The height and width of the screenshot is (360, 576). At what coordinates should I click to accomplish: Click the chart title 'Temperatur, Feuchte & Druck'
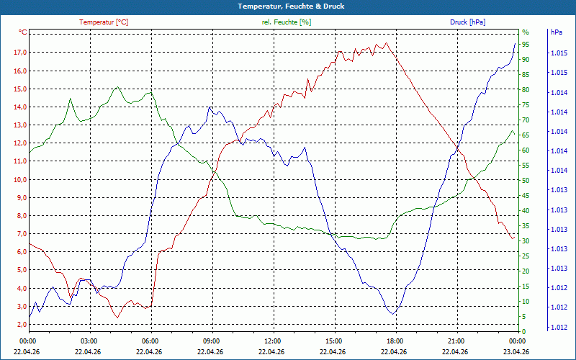(x=288, y=6)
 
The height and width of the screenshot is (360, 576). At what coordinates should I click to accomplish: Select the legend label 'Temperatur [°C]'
(x=104, y=22)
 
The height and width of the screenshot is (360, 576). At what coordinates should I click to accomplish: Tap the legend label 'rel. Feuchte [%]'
(x=287, y=22)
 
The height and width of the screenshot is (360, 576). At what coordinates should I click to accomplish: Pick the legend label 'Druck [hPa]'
(x=468, y=22)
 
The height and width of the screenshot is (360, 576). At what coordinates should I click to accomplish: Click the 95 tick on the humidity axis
(x=526, y=44)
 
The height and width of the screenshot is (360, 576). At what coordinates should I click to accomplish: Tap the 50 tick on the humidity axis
(x=526, y=180)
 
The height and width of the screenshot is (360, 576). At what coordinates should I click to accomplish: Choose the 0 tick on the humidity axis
(x=524, y=331)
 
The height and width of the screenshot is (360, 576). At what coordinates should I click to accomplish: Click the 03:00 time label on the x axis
(x=89, y=341)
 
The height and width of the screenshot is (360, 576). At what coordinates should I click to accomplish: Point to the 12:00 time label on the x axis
(x=272, y=341)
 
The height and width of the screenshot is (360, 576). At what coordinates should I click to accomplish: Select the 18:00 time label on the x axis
(x=395, y=341)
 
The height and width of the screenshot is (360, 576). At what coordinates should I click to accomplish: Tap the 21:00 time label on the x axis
(x=456, y=341)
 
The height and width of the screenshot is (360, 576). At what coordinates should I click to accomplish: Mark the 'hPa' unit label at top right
(x=556, y=32)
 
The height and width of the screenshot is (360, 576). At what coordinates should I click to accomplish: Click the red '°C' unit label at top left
(x=22, y=32)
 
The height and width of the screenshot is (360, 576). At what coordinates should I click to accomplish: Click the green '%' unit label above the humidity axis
(x=526, y=32)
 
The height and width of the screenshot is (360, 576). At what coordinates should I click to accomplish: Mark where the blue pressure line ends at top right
(x=515, y=43)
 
